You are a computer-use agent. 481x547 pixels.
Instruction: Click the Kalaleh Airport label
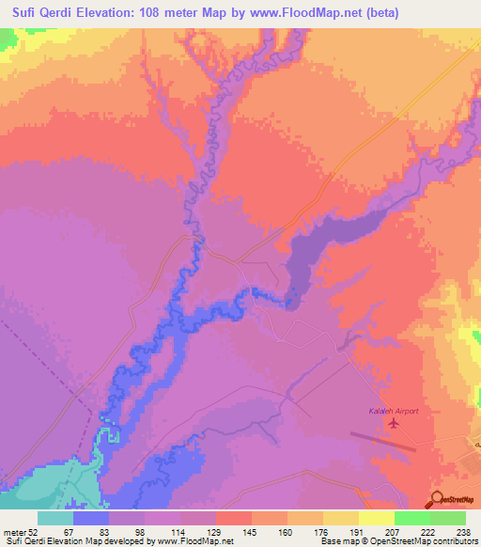392,412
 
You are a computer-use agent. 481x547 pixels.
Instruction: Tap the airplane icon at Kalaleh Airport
392,425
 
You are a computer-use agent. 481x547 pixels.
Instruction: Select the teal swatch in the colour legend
55,518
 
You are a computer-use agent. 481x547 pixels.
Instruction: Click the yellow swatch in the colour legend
376,518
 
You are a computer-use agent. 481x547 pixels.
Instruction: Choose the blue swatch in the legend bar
91,518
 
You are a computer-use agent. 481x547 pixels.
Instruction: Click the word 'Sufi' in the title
22,13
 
